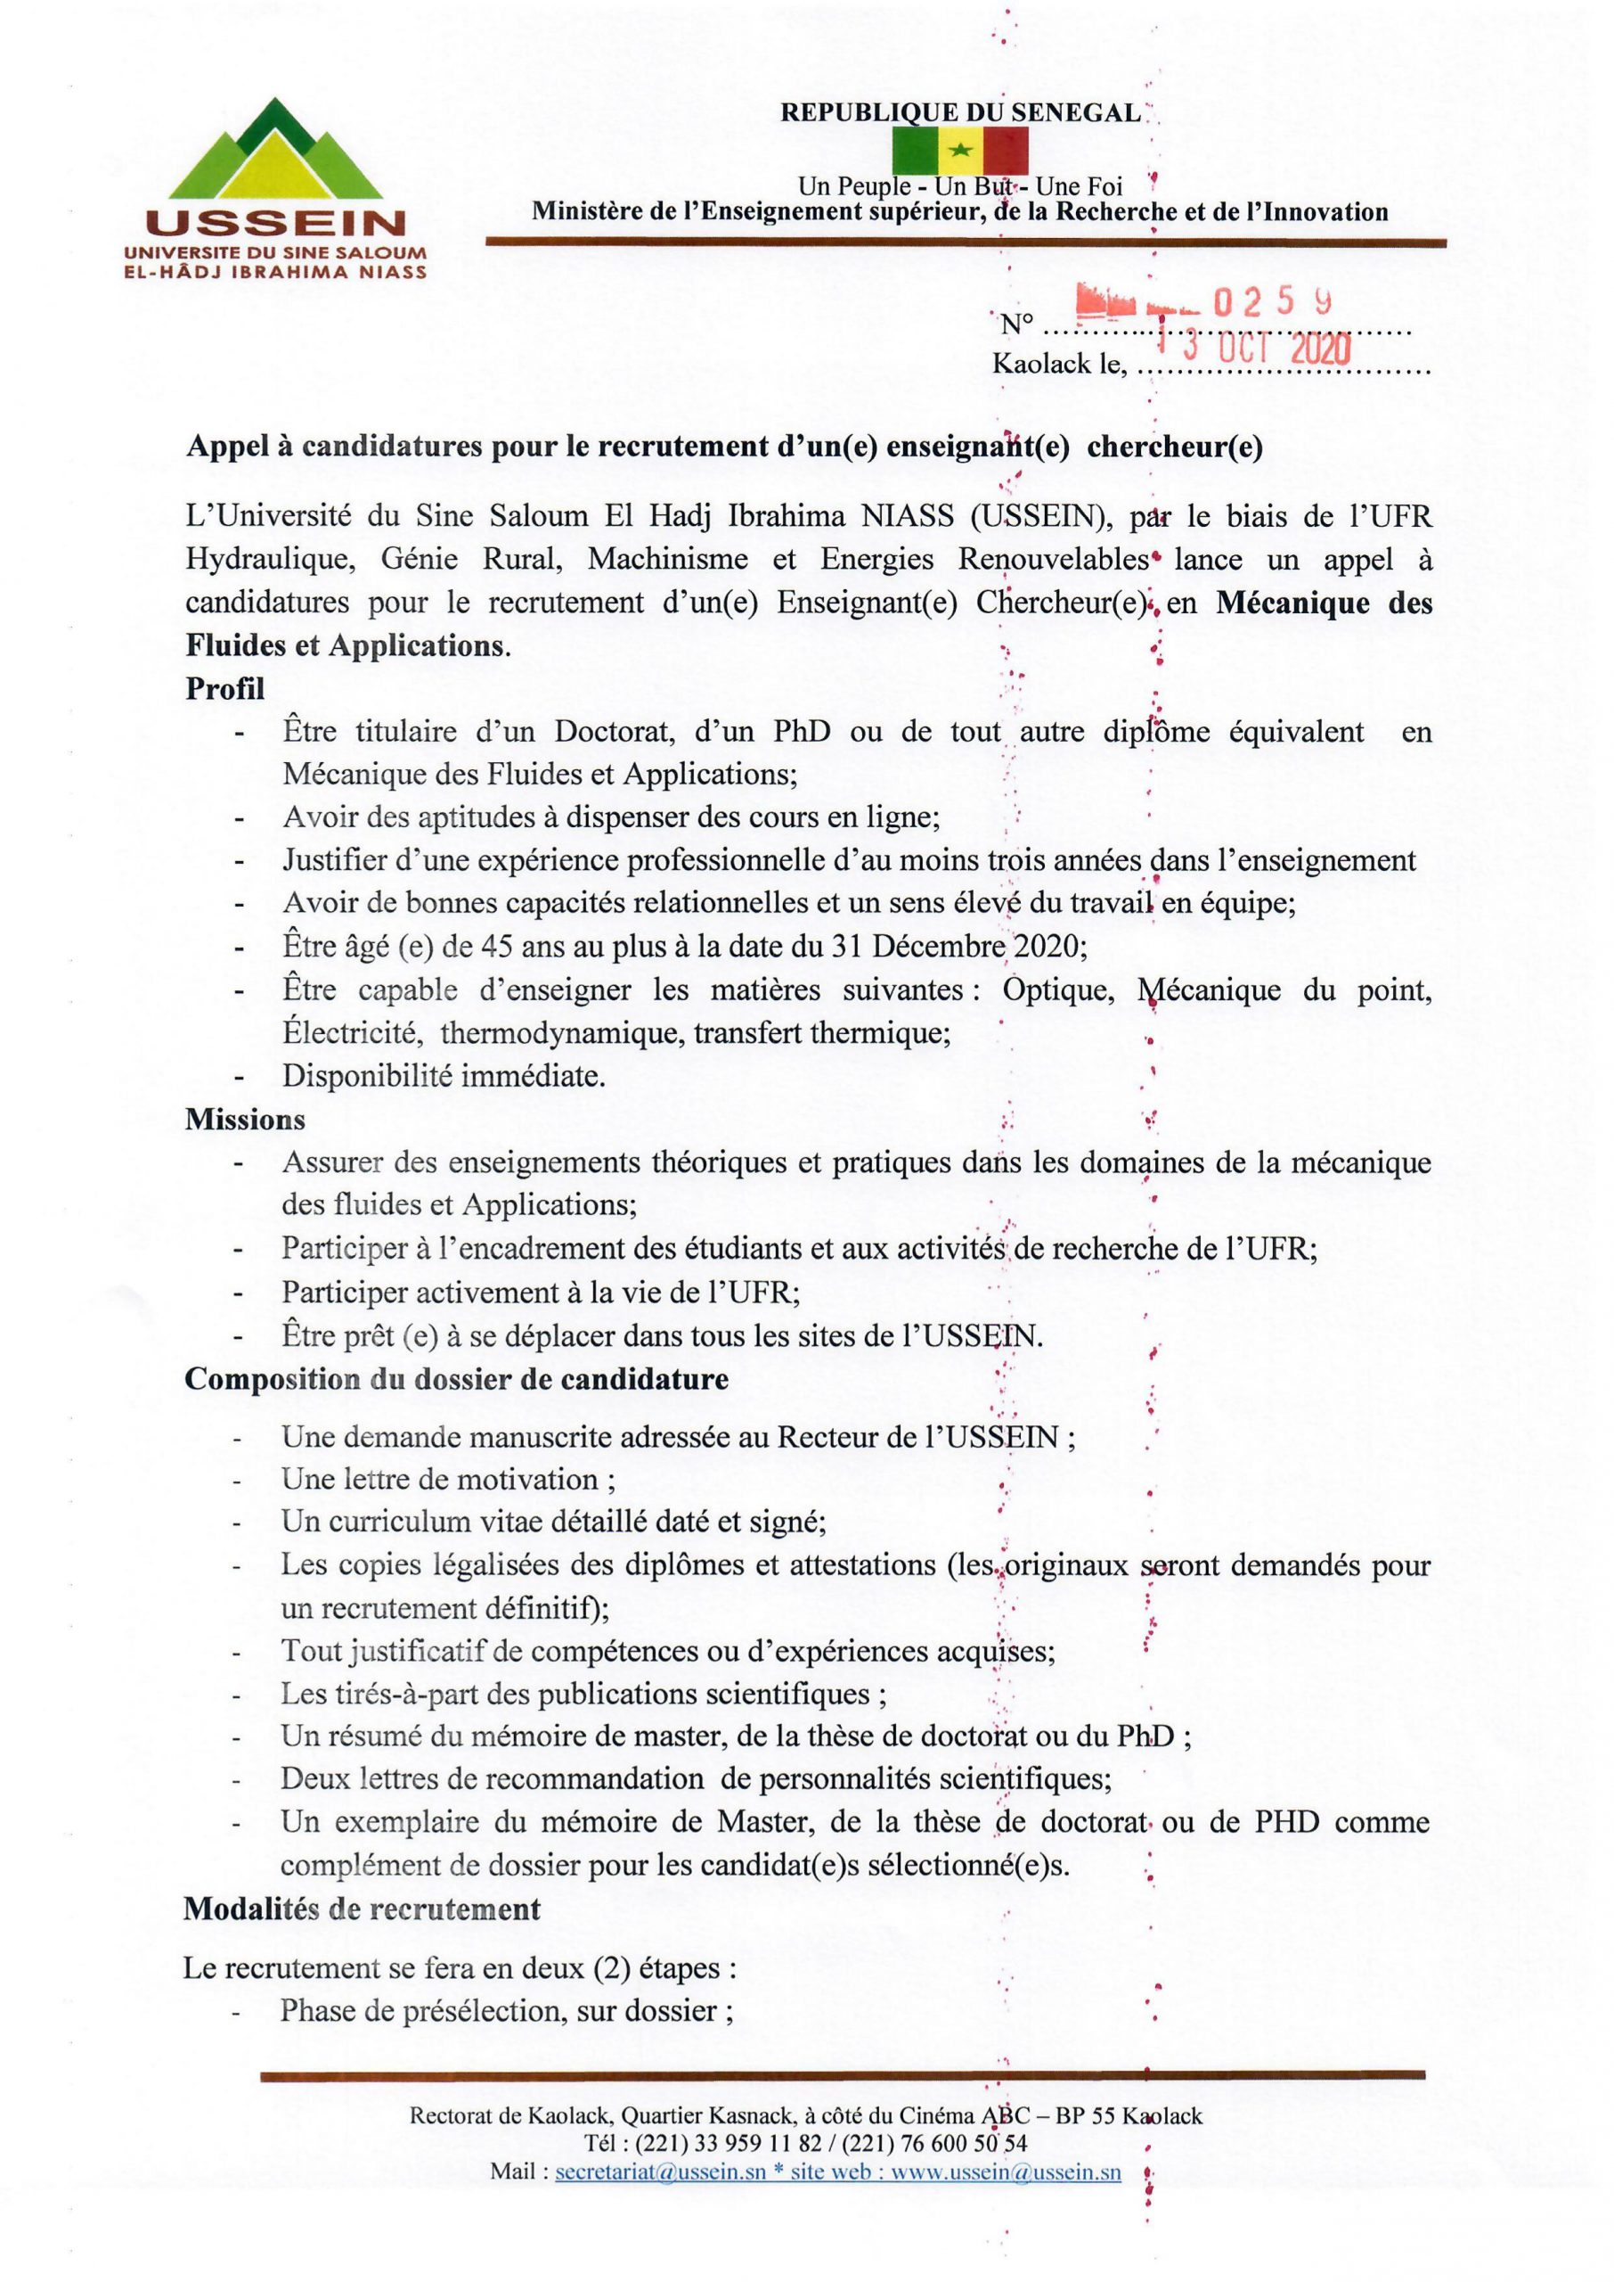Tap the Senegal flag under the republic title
[x=959, y=152]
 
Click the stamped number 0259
[x=1274, y=303]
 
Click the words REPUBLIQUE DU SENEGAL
[x=960, y=112]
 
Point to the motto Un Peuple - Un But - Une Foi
[x=959, y=186]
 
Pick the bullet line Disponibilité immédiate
[x=444, y=1076]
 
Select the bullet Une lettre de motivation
[x=447, y=1479]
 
